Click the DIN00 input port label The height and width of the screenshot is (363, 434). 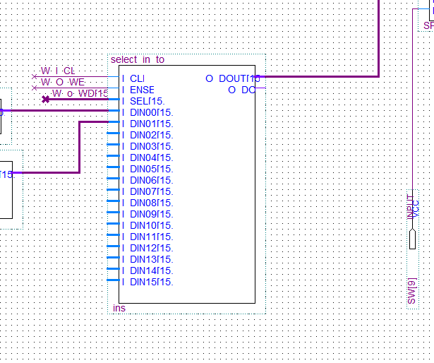coord(151,112)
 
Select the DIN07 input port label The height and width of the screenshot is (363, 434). coord(151,191)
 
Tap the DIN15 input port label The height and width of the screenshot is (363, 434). coord(151,282)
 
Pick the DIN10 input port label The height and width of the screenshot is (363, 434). coord(151,225)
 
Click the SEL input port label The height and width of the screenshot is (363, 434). coord(147,101)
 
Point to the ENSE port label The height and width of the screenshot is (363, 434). coord(142,90)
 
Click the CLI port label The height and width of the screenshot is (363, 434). coord(137,78)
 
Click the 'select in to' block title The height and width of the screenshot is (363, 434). coord(138,59)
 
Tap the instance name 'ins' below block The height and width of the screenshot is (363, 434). coord(119,308)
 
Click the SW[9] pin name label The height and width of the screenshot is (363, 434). coord(412,292)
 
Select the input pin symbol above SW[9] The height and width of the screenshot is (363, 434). coord(413,239)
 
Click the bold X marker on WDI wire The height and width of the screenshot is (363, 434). coord(46,100)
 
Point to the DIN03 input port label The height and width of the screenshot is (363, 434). coord(151,146)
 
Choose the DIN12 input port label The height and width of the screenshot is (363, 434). coord(151,248)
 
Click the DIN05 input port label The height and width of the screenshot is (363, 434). coord(151,169)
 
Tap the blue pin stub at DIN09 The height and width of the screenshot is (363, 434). coord(113,214)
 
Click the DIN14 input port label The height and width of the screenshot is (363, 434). coord(151,270)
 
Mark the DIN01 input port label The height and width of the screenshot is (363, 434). coord(151,124)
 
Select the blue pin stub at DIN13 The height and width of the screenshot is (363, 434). coord(113,259)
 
